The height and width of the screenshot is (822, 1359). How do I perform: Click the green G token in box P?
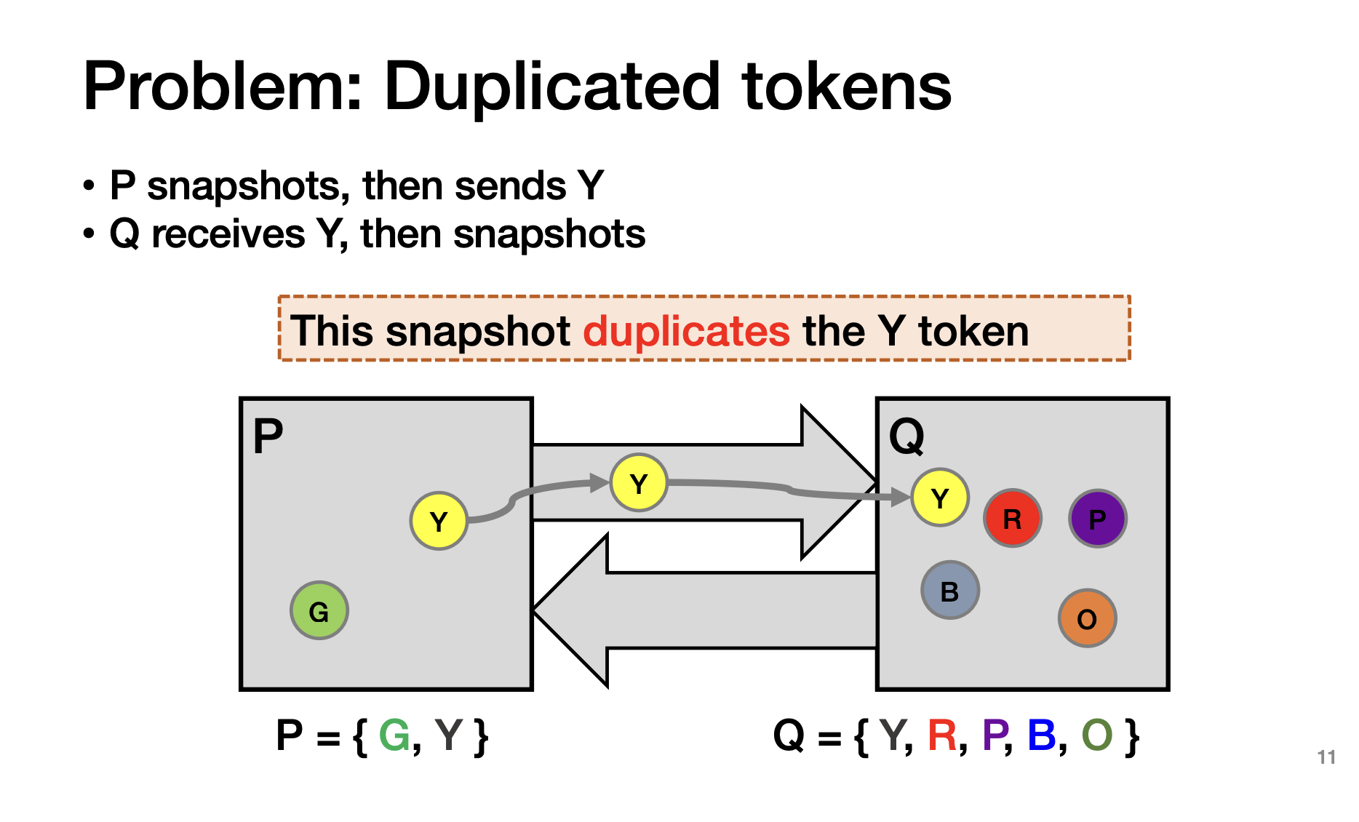(319, 611)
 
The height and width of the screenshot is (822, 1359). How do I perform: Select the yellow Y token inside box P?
(438, 521)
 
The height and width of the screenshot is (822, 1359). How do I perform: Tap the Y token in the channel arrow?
(639, 483)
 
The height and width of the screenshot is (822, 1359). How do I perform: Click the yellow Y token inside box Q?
(940, 498)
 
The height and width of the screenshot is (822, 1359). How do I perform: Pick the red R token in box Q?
(1012, 519)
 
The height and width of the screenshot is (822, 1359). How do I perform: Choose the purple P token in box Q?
(1097, 519)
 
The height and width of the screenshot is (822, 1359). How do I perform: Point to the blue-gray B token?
(949, 590)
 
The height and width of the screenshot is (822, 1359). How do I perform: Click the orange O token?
(1087, 618)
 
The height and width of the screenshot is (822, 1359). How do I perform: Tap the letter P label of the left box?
(268, 436)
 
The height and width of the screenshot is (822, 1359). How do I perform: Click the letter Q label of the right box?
(906, 436)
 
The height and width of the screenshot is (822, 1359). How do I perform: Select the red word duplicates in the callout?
(686, 332)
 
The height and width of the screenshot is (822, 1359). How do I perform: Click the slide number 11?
(1326, 757)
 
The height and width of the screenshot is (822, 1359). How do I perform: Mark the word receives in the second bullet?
(228, 234)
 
